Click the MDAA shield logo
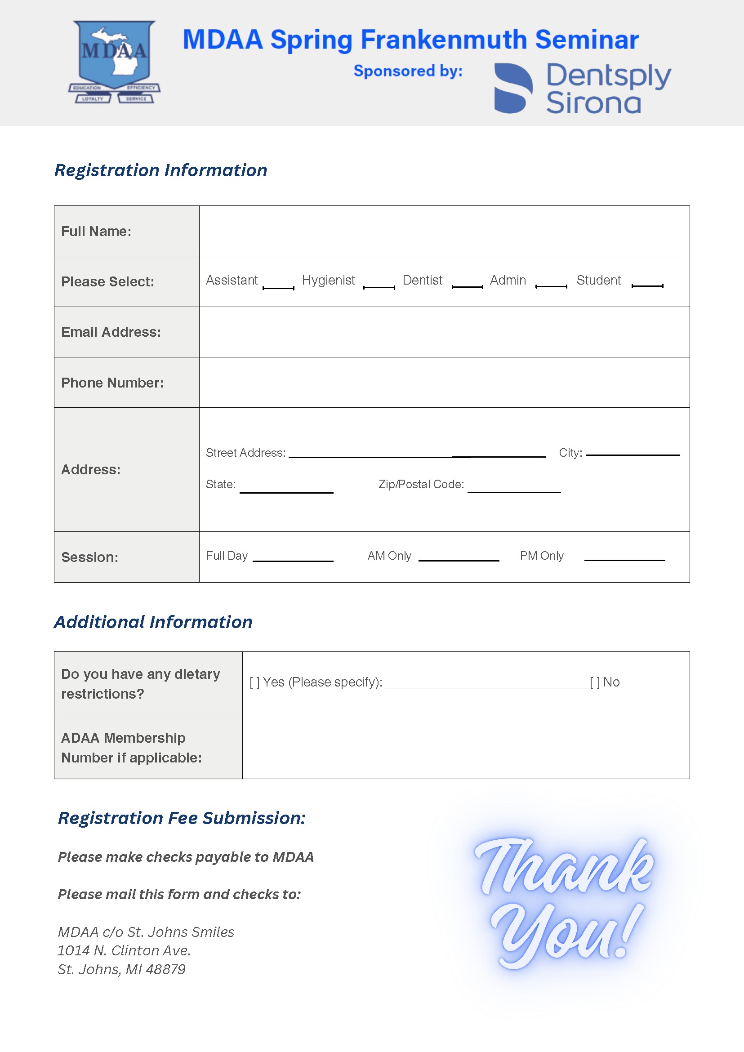(114, 62)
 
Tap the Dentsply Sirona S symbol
(513, 88)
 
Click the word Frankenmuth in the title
(443, 40)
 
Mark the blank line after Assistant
(278, 287)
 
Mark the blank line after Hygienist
(379, 287)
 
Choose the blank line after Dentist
(467, 286)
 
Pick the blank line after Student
(647, 285)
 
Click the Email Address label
(111, 332)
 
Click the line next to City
(633, 454)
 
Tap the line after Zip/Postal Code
(514, 491)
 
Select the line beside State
(286, 492)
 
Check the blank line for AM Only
(459, 559)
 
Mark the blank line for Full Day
(293, 560)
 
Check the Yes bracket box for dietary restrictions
(254, 683)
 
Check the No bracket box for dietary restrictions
(595, 683)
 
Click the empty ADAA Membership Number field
(465, 746)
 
